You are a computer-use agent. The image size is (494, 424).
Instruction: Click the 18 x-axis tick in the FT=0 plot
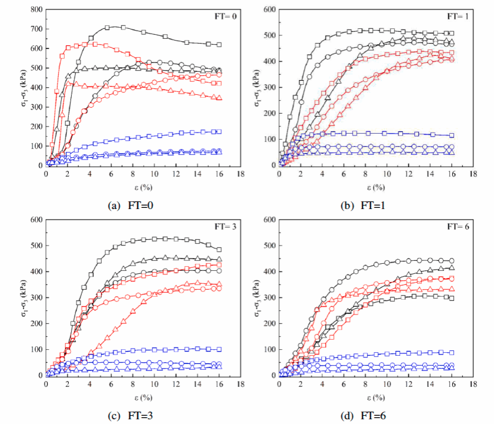pyautogui.click(x=240, y=175)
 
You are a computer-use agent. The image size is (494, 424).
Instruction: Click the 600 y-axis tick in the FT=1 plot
pyautogui.click(x=269, y=10)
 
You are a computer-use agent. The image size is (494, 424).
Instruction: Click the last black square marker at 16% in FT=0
pyautogui.click(x=219, y=45)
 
